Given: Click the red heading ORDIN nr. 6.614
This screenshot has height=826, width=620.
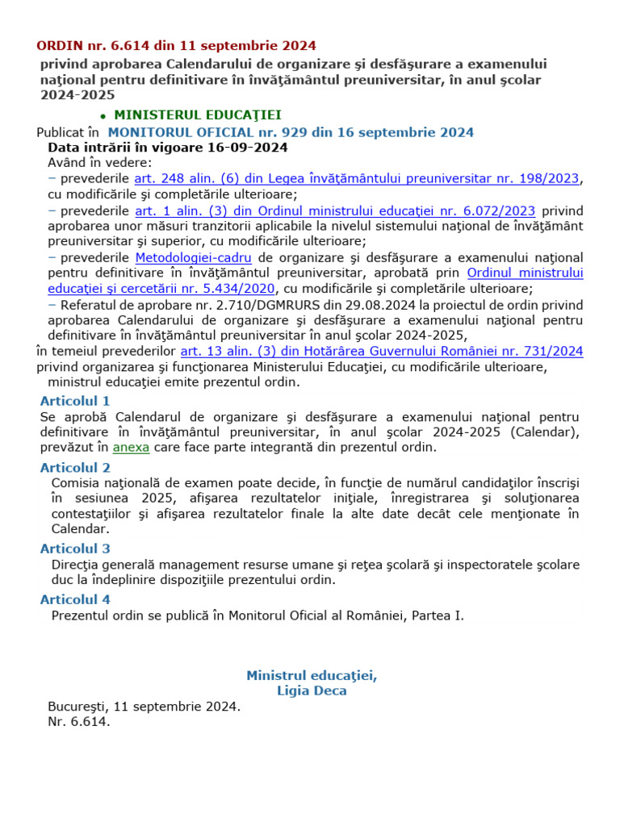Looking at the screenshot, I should [x=176, y=45].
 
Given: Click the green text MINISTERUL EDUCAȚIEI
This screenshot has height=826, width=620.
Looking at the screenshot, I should [x=197, y=115].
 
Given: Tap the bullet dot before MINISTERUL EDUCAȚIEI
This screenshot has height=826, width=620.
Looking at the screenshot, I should [x=103, y=117].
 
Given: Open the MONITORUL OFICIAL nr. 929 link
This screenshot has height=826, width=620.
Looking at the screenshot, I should [x=291, y=132].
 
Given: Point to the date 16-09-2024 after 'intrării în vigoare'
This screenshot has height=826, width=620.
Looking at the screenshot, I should [x=247, y=148].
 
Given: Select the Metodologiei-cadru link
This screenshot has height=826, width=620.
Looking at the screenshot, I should [x=193, y=258].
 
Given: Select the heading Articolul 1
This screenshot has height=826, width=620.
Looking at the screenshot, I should [x=75, y=401].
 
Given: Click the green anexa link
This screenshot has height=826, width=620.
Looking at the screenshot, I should [x=131, y=447].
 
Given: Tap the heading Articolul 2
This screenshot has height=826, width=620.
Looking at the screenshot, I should [x=75, y=468].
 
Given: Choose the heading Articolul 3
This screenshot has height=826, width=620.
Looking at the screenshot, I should [x=75, y=549].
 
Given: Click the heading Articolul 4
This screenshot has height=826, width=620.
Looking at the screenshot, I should [x=75, y=599].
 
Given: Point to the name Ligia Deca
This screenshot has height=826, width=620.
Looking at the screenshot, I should [x=312, y=690].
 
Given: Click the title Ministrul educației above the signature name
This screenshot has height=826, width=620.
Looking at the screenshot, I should [x=312, y=675].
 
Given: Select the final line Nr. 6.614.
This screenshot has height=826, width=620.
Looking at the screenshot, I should [x=78, y=722].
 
